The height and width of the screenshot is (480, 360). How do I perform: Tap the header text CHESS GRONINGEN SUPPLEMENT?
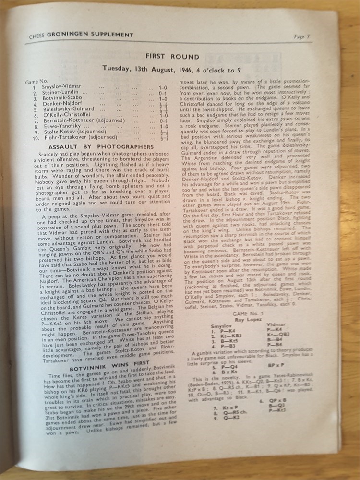(81, 35)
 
